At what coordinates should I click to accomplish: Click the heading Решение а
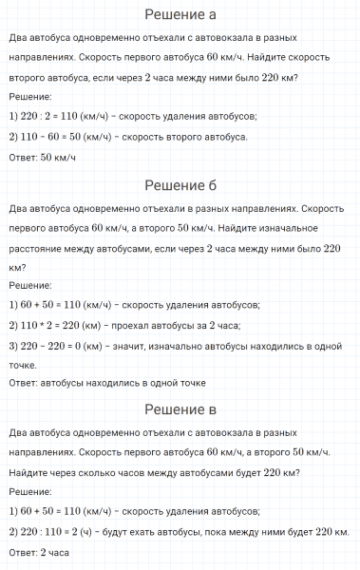pos(180,14)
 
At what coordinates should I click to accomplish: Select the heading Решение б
pos(180,183)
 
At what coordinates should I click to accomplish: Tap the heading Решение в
pos(180,409)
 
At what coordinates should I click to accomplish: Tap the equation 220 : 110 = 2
pos(55,531)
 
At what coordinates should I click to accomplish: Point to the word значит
pos(133,347)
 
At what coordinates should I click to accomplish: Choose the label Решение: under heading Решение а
pos(29,97)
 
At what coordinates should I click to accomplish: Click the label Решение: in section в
pos(29,491)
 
